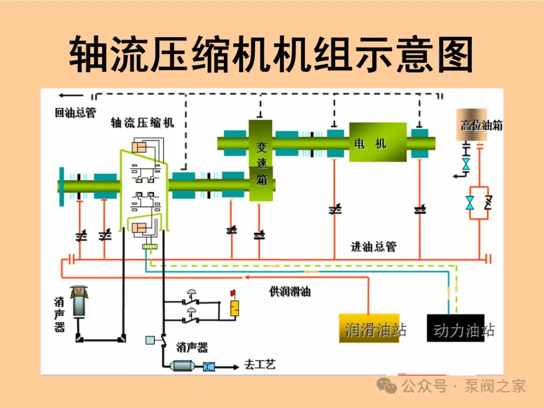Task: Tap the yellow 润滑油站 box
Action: click(x=369, y=328)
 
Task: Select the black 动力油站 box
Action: click(x=455, y=328)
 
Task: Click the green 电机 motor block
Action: click(x=378, y=142)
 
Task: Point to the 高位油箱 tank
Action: click(x=471, y=124)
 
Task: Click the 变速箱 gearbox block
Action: click(x=260, y=160)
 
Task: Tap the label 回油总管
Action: click(x=75, y=112)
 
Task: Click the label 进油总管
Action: click(x=374, y=247)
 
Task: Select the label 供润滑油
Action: click(x=290, y=292)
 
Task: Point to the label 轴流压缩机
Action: click(x=142, y=122)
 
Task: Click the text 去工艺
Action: click(x=260, y=364)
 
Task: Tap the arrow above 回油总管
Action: click(x=71, y=95)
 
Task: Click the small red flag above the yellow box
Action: click(x=233, y=293)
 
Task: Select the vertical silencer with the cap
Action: click(x=79, y=301)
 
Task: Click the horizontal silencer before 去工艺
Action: click(x=182, y=366)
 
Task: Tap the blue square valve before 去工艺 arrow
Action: click(x=209, y=366)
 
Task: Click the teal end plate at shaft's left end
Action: click(x=62, y=187)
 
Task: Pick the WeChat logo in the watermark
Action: click(x=387, y=386)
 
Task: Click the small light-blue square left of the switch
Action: click(x=150, y=340)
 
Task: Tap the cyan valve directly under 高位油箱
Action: click(x=465, y=164)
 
